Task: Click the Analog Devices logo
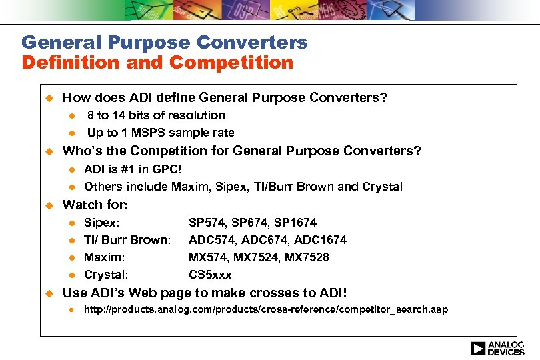pos(497,348)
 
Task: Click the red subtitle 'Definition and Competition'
pos(157,63)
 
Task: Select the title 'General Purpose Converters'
pos(165,43)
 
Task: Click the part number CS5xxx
pos(210,274)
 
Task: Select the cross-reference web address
pos(265,309)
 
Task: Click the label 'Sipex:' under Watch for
pos(102,222)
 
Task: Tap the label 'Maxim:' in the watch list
pos(104,257)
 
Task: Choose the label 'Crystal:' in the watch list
pos(106,274)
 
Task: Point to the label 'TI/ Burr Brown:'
pos(127,239)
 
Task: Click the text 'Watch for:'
pos(95,205)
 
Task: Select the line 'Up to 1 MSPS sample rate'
pos(161,132)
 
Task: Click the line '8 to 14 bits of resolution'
pos(156,115)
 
